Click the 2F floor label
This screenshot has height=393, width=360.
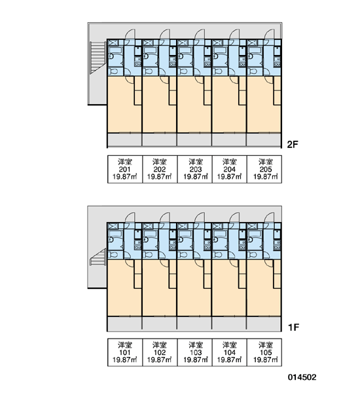tap(293, 144)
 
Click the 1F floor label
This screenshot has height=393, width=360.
tap(293, 327)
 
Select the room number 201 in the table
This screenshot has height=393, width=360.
tap(125, 170)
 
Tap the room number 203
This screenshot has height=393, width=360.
tap(196, 170)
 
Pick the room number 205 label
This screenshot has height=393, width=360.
tap(265, 170)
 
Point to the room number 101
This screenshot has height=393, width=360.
tap(125, 352)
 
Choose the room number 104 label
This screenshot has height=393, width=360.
tap(230, 352)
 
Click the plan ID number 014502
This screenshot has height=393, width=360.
tap(302, 377)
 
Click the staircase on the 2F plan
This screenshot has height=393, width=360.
tap(98, 58)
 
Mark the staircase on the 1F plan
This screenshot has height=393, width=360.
tap(98, 256)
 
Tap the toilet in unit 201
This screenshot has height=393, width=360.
tap(113, 71)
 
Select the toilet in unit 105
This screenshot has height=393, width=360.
tap(253, 255)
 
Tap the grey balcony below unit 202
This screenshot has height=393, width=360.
tap(159, 140)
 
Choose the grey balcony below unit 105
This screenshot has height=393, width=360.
tap(264, 324)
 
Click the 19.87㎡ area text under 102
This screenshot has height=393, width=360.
tap(159, 360)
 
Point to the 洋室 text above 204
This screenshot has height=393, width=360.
tap(230, 162)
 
